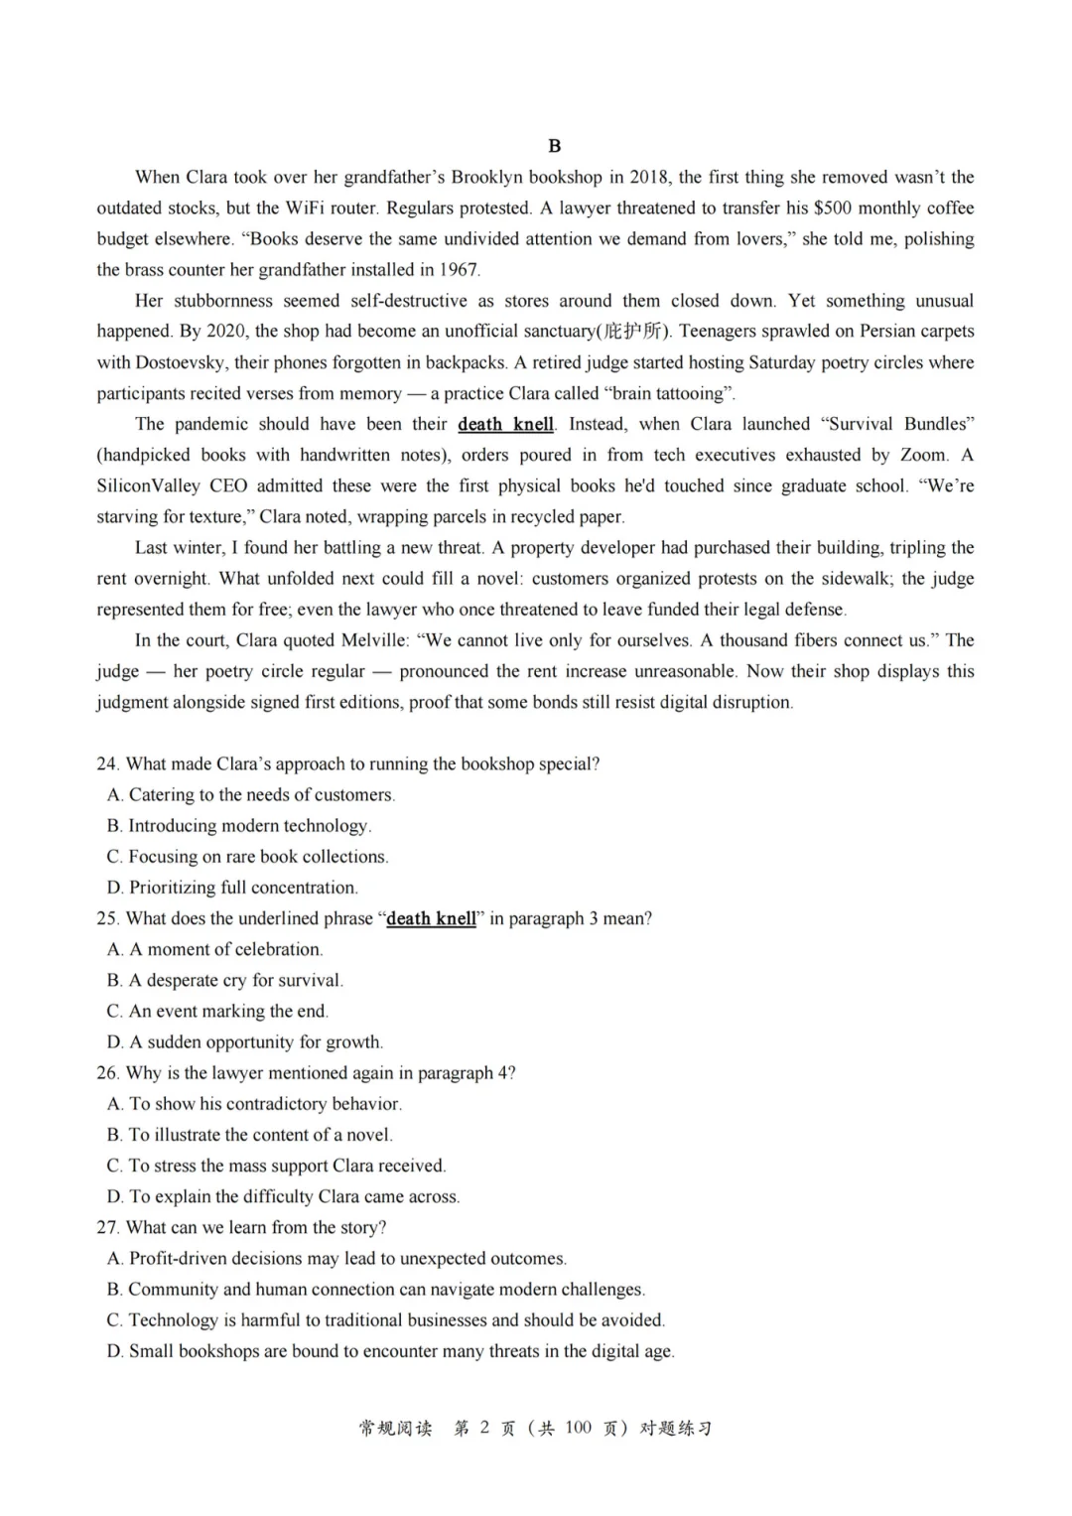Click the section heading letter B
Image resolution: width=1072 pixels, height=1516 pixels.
point(554,146)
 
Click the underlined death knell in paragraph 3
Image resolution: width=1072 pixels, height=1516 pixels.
point(505,424)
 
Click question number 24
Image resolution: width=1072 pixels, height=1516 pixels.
point(107,763)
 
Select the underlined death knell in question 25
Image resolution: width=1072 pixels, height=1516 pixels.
point(431,918)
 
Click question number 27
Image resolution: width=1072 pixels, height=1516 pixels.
point(107,1227)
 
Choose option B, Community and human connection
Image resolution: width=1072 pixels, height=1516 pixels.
point(375,1289)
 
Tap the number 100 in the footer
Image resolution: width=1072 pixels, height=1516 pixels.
point(578,1428)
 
